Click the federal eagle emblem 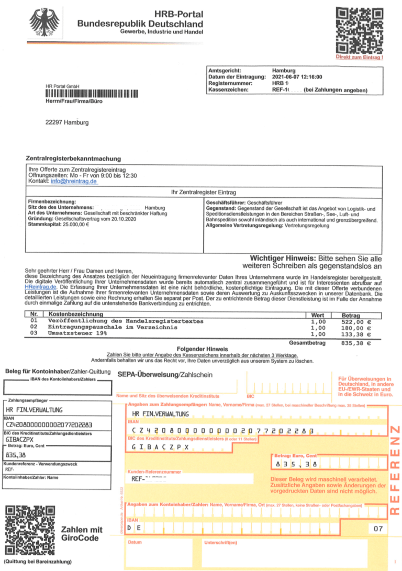click(45, 21)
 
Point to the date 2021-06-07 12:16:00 click(297, 76)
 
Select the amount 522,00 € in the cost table click(356, 321)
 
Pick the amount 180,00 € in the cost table click(356, 328)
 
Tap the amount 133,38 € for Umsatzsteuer click(356, 334)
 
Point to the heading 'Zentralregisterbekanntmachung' click(73, 158)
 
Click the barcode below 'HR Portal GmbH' click(92, 94)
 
